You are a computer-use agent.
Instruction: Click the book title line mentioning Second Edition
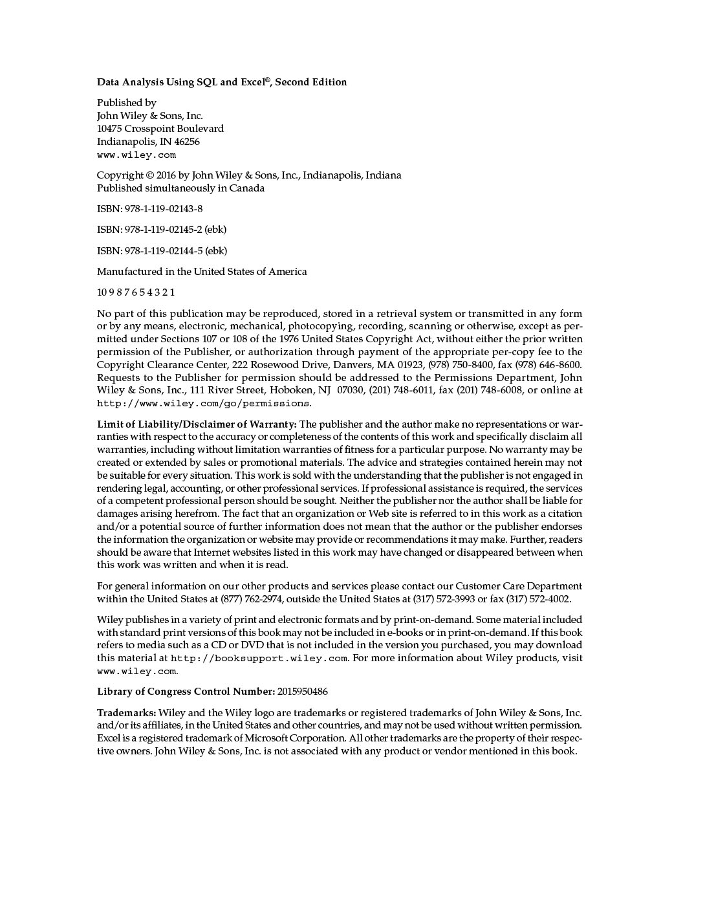(222, 82)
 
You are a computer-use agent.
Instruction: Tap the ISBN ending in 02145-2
(162, 230)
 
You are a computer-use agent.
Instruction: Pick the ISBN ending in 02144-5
(162, 251)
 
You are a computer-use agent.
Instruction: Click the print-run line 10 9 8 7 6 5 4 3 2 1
(136, 292)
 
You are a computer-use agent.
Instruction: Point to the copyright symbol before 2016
(149, 175)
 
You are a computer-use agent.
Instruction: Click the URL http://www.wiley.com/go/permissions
(203, 404)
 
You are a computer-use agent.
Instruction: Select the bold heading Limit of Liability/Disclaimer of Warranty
(197, 424)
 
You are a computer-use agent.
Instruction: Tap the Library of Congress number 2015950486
(303, 692)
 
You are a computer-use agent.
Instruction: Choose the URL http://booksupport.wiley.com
(259, 659)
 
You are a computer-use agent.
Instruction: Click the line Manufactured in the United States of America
(202, 272)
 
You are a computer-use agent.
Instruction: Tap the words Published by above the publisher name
(127, 103)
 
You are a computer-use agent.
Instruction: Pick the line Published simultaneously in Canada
(180, 188)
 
